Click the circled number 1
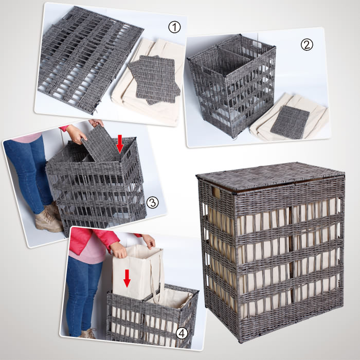click(x=174, y=27)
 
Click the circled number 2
click(x=307, y=45)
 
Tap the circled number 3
click(x=152, y=203)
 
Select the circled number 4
click(x=182, y=333)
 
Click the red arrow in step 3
click(x=120, y=143)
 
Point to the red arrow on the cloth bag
click(x=127, y=278)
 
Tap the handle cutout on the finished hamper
click(x=216, y=192)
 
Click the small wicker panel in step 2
click(x=290, y=122)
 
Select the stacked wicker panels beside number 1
click(x=154, y=80)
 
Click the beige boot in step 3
click(x=48, y=219)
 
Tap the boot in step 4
click(x=88, y=333)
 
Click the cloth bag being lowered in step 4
click(x=137, y=273)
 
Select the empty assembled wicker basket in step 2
click(x=232, y=85)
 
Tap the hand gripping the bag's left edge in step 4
click(x=118, y=250)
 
